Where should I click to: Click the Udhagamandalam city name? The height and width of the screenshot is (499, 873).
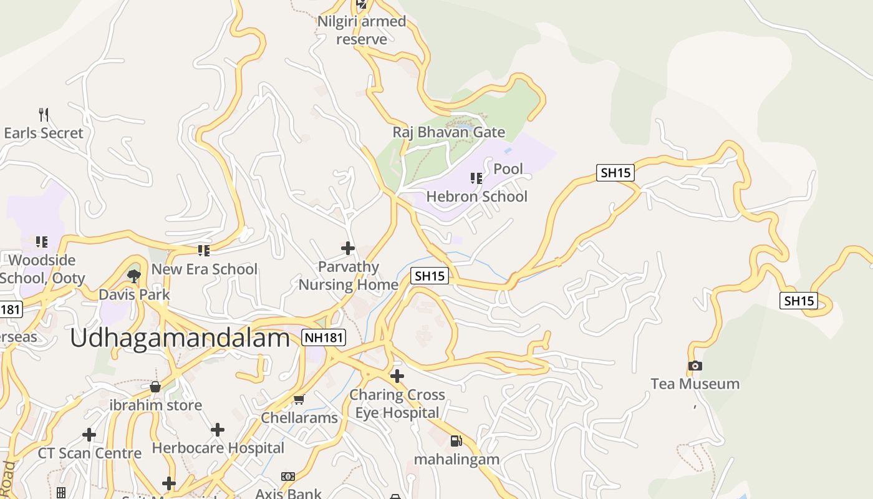click(180, 337)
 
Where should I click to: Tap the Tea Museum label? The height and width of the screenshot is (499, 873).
click(695, 384)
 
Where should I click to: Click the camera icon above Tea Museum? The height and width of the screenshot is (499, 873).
click(695, 366)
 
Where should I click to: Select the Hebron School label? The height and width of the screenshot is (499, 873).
click(477, 196)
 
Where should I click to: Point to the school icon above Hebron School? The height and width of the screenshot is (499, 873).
click(476, 179)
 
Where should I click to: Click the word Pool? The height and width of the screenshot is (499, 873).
click(508, 169)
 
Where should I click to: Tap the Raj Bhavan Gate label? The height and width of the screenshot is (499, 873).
click(448, 132)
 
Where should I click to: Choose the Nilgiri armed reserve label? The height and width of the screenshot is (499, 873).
click(362, 30)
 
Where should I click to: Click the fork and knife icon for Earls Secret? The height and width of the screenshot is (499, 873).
click(44, 115)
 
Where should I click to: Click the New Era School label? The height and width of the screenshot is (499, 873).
click(205, 269)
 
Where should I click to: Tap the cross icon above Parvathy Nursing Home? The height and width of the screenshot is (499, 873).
click(348, 249)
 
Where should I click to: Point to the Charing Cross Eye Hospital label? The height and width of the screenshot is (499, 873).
click(397, 404)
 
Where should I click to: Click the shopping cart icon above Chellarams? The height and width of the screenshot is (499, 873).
click(299, 400)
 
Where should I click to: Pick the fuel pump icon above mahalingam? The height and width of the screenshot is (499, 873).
click(456, 441)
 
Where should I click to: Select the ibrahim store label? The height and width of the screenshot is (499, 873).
click(155, 405)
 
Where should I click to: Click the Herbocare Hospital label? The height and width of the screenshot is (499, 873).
click(218, 448)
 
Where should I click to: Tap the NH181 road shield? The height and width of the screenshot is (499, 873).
click(323, 337)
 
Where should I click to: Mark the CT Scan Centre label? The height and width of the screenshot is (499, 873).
click(90, 453)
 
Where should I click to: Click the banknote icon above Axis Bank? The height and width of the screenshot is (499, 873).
click(287, 477)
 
